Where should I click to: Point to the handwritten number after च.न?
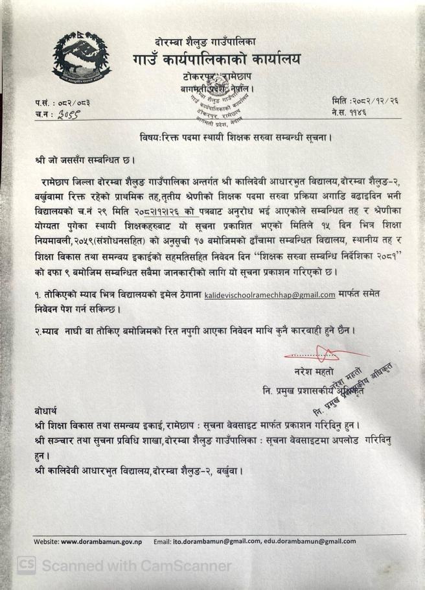pyautogui.click(x=68, y=114)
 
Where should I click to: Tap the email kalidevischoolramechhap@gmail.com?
pyautogui.click(x=270, y=294)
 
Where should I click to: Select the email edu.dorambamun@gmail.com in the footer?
pyautogui.click(x=310, y=541)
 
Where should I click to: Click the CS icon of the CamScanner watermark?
pyautogui.click(x=27, y=565)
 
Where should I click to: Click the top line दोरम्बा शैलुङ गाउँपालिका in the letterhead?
pyautogui.click(x=206, y=41)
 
